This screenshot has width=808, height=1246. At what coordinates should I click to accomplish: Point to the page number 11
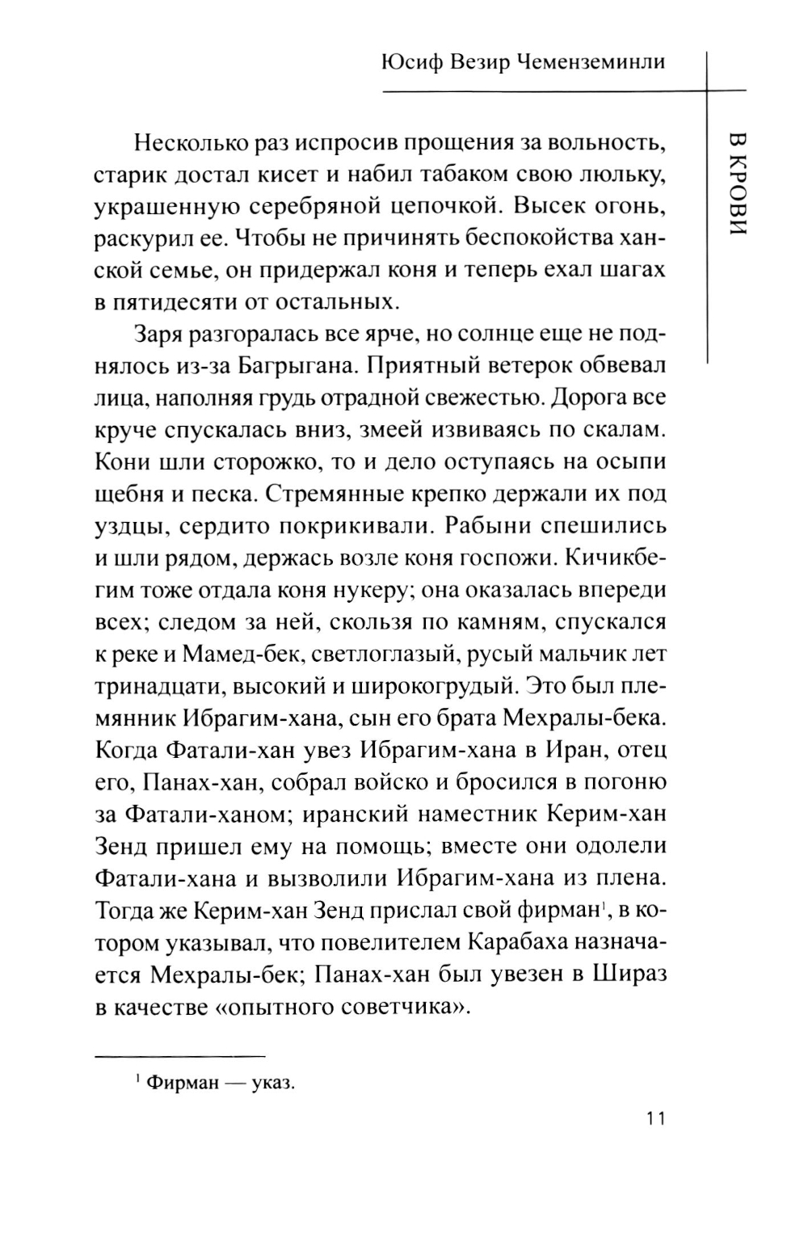pos(654,1118)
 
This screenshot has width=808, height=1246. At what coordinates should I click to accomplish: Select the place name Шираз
pos(631,974)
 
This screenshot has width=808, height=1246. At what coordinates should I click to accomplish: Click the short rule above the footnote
pos(179,1056)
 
